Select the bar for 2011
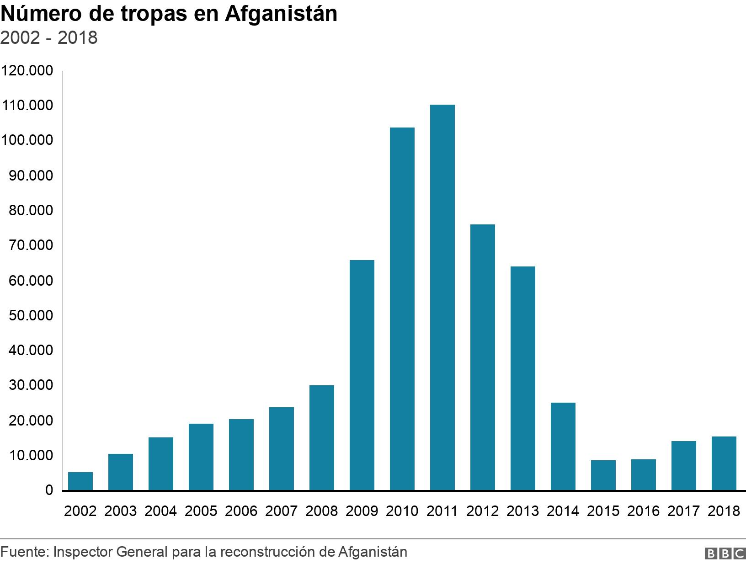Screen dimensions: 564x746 (442, 297)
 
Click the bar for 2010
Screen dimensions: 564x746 (402, 309)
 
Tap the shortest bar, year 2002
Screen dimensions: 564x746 (80, 481)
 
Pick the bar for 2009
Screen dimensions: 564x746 (362, 375)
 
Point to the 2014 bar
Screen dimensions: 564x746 (563, 446)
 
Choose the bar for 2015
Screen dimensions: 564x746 (603, 475)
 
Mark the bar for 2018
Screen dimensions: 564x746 (724, 463)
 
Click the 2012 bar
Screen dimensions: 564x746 (482, 357)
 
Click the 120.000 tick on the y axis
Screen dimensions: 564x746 (27, 71)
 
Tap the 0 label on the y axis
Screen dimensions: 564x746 (49, 490)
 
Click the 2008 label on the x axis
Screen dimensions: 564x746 (321, 511)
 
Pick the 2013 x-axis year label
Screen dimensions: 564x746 (522, 511)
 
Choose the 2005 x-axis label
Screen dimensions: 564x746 (201, 511)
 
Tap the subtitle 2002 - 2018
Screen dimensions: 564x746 (49, 38)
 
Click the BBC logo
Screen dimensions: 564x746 (725, 553)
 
